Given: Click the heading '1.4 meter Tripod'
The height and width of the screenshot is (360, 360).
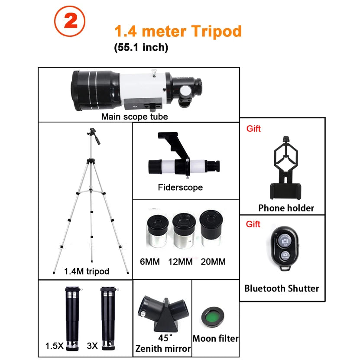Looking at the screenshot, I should pos(178,31).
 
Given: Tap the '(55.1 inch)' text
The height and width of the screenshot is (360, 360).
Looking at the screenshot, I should pos(141,47).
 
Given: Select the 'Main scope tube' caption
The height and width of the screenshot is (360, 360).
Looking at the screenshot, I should pos(134,116).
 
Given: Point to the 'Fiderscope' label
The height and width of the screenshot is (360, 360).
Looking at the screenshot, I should pos(180,188).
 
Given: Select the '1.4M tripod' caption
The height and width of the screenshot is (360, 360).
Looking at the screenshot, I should pos(87,271).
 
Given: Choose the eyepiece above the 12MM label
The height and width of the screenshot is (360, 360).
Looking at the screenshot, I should pos(182,230).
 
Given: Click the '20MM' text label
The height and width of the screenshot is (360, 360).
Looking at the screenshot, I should pos(213,261).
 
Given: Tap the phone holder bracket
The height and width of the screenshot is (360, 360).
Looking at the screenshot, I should pos(286,167).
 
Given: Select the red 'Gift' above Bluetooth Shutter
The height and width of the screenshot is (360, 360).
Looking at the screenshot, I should pos(253,224).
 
